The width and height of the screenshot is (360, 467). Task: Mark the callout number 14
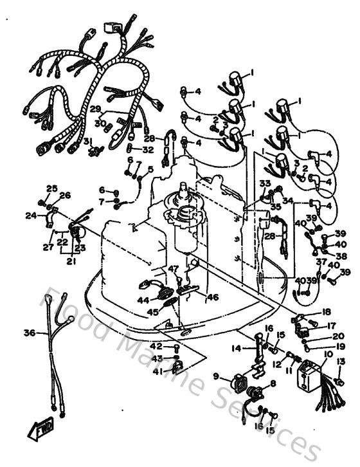(237, 348)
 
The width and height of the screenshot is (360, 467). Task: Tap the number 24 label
(31, 215)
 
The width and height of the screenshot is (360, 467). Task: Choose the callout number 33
(264, 183)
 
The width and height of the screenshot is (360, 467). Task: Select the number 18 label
(326, 311)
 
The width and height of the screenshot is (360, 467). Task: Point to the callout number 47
(173, 268)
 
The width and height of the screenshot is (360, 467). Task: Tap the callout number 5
(150, 170)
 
